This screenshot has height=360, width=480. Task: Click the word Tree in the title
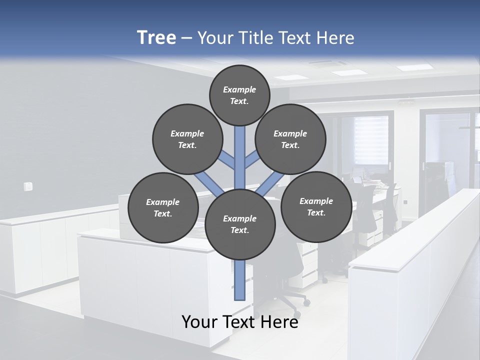pos(156,38)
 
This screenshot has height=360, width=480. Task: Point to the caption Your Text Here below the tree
pos(240,322)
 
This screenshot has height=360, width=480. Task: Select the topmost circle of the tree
pos(239,95)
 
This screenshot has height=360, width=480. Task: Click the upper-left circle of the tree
pos(187,139)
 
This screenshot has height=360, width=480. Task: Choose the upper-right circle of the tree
pos(290,139)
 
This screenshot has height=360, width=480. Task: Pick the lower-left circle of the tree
pos(163,207)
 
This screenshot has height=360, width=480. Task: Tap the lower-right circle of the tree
pos(316,206)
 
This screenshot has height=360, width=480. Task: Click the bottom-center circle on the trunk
pos(240,224)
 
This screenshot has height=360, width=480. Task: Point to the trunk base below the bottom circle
pos(240,280)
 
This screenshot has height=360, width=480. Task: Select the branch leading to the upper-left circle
pos(227,160)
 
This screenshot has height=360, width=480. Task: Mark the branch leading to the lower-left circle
pos(208,182)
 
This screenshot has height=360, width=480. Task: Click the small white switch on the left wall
pos(28,186)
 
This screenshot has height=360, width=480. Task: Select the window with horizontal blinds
pos(371,139)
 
